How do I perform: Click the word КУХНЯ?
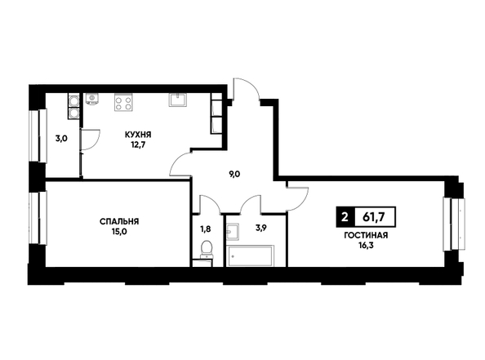pos(138,135)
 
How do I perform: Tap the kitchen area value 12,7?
pos(138,144)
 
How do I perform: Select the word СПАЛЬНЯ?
pos(119,221)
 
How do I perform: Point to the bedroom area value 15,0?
pos(119,230)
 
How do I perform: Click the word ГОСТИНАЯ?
pos(366,236)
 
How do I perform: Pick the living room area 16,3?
pos(366,245)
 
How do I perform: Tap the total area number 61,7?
pos(374,217)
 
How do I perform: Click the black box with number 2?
pos(345,217)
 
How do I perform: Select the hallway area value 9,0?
pos(234,174)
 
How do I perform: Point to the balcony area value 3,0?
pos(61,139)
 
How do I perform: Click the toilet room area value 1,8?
pos(207,229)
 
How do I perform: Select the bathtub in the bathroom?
pos(250,256)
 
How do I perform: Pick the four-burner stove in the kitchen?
pos(123,103)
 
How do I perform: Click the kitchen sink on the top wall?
pos(177,100)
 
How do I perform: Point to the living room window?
pos(454,224)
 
